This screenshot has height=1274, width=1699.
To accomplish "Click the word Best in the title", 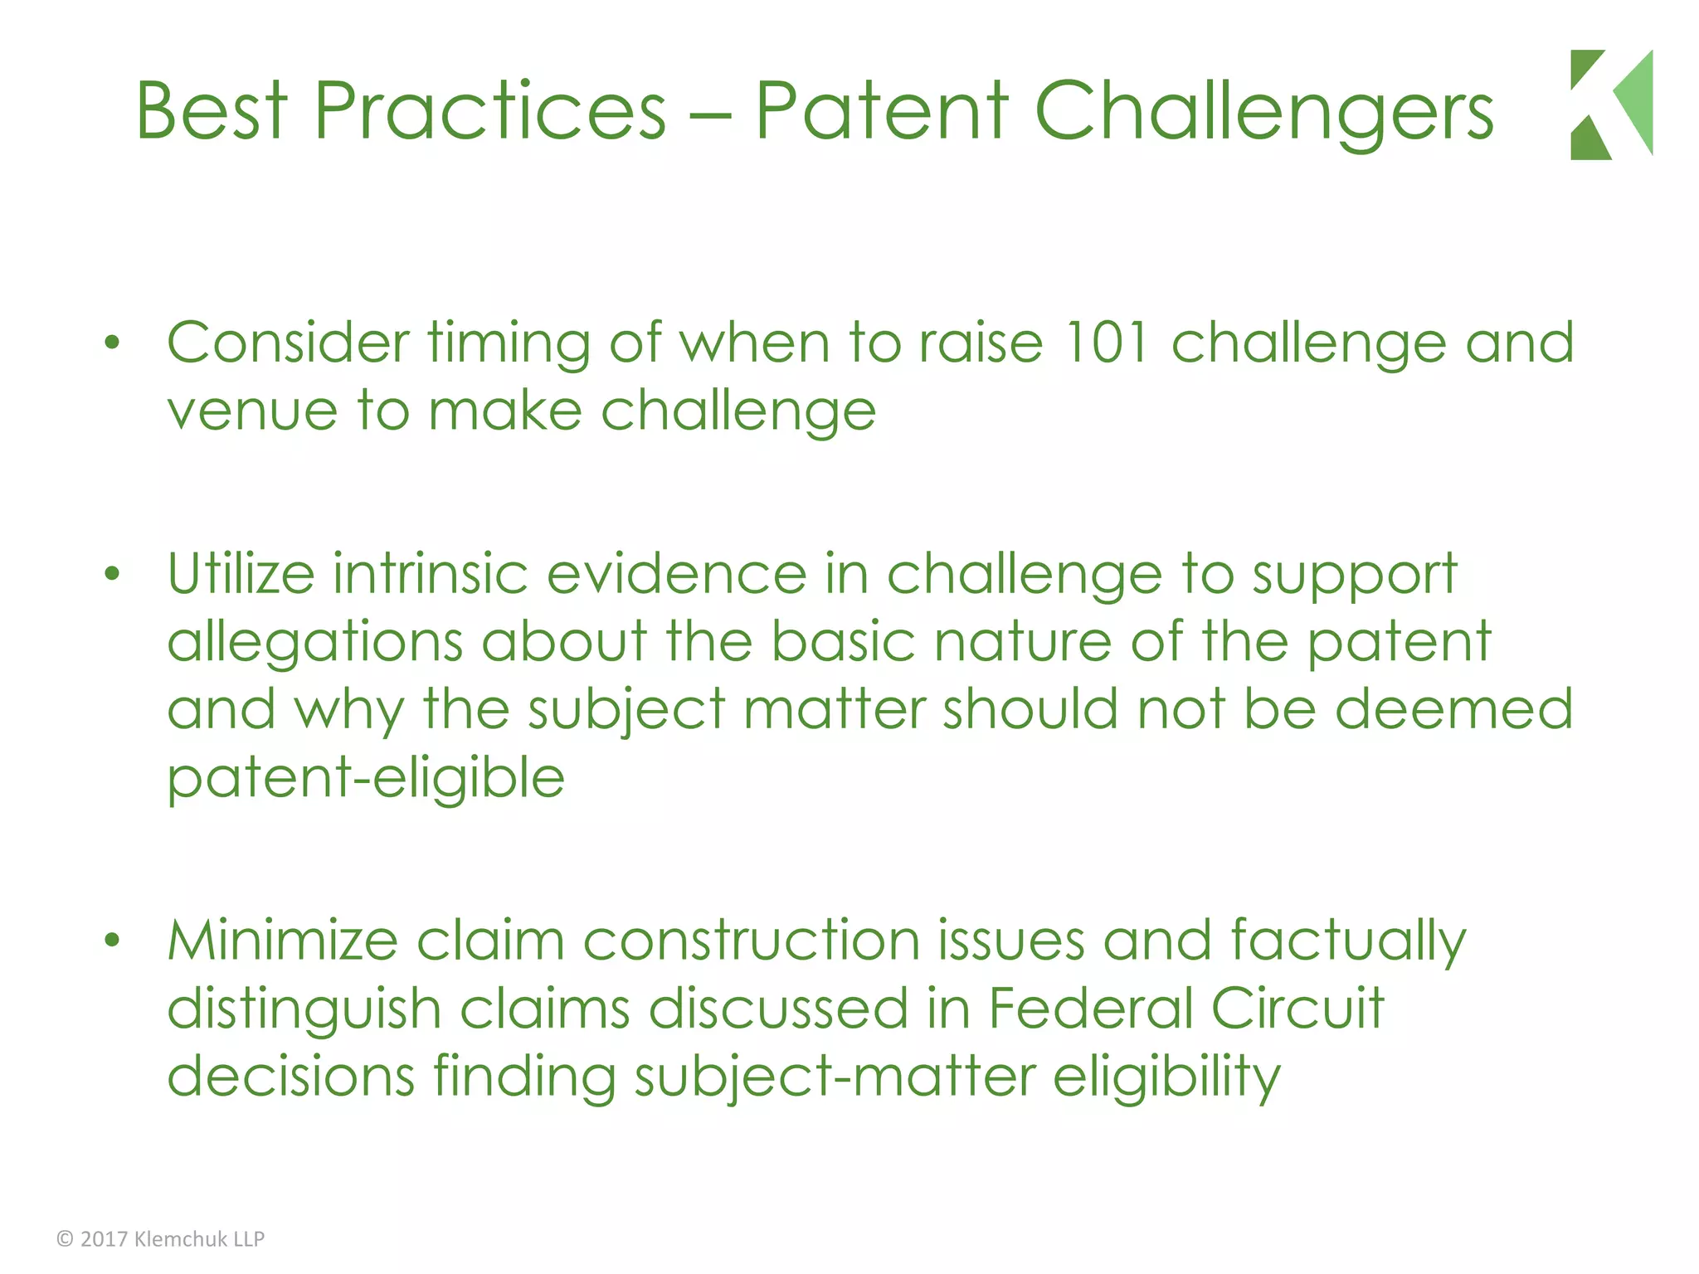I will tap(212, 111).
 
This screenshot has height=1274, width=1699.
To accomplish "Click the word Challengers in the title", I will tap(1263, 111).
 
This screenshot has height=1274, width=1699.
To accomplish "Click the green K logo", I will tap(1610, 105).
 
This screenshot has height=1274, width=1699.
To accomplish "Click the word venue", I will tap(252, 411).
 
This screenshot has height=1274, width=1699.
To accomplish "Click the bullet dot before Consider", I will tap(113, 343).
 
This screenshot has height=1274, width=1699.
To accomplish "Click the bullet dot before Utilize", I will tap(113, 573).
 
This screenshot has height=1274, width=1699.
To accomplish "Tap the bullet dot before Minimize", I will tap(113, 940).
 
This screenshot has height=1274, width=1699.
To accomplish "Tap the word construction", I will tap(752, 941).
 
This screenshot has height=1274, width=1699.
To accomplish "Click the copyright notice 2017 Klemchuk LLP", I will tap(161, 1239).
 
